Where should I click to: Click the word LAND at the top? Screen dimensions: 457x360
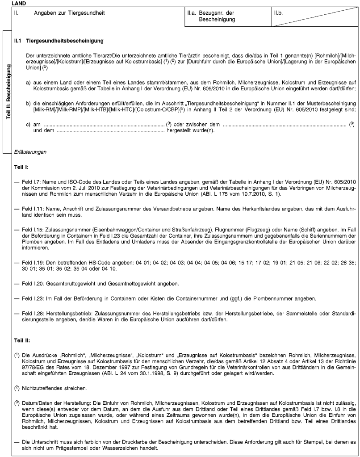(x=18, y=3)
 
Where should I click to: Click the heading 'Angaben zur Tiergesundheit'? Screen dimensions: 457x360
(x=70, y=13)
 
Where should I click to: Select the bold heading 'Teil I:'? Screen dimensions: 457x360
(x=22, y=168)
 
